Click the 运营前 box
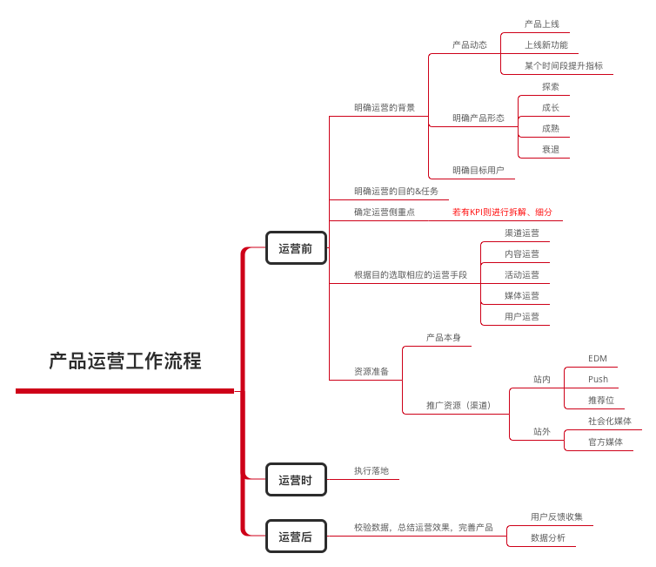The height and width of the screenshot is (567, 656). point(296,248)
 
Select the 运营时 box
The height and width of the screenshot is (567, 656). point(296,480)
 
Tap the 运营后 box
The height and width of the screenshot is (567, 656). point(296,536)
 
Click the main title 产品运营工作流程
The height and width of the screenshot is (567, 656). point(125,361)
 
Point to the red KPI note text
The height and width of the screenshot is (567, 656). point(502,212)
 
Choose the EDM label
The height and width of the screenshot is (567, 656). point(598,359)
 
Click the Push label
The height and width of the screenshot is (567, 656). point(598,380)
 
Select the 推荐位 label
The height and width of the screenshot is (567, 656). point(601,401)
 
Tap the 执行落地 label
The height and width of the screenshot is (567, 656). point(372,470)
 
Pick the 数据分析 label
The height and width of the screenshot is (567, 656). point(548,537)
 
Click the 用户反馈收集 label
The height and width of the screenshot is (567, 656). point(557,516)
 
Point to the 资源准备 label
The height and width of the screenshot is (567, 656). point(372,371)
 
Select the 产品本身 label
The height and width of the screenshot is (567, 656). point(444,338)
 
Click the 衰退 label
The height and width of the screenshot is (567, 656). point(551,150)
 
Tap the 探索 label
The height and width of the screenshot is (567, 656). point(551,87)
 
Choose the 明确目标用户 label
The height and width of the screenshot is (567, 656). point(479,170)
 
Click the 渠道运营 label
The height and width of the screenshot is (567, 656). point(522,233)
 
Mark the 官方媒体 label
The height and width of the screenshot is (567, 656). point(606,442)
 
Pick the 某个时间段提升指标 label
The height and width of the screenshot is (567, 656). point(564,65)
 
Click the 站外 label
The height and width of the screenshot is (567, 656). point(542,431)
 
